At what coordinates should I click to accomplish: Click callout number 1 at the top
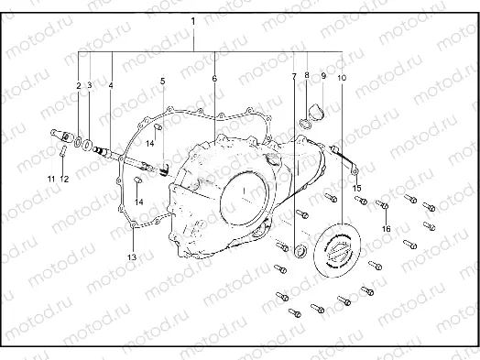click(193, 22)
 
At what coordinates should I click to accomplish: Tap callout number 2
click(79, 86)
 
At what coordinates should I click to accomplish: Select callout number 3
click(90, 85)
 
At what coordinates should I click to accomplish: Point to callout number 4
click(111, 85)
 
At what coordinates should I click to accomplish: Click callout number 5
click(162, 82)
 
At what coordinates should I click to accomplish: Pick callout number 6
click(214, 79)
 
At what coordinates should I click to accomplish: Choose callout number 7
click(294, 76)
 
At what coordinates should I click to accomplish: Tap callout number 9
click(323, 75)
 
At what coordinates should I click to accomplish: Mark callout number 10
click(342, 78)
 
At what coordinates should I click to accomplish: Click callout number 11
click(51, 179)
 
